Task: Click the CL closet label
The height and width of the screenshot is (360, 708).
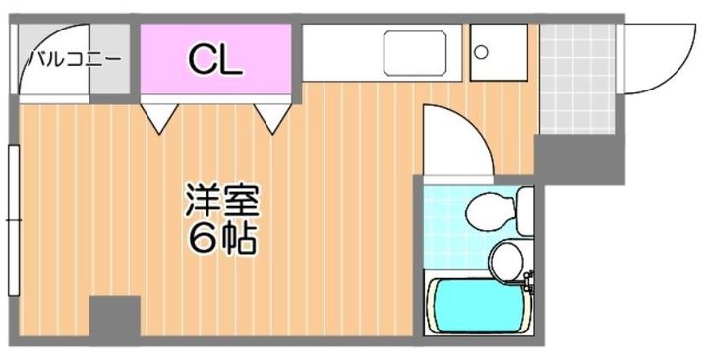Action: click(x=215, y=60)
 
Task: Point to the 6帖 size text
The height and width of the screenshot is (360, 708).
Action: click(x=221, y=238)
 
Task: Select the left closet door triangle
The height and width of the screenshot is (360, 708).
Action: click(x=157, y=117)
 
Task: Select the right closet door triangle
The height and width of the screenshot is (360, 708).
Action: click(x=274, y=117)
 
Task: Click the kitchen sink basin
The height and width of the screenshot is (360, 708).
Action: click(x=414, y=53)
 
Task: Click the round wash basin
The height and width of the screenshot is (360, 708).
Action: click(x=506, y=260)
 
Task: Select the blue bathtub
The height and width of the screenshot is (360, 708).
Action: click(x=474, y=306)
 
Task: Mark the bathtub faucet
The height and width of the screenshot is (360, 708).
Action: click(x=529, y=284)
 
